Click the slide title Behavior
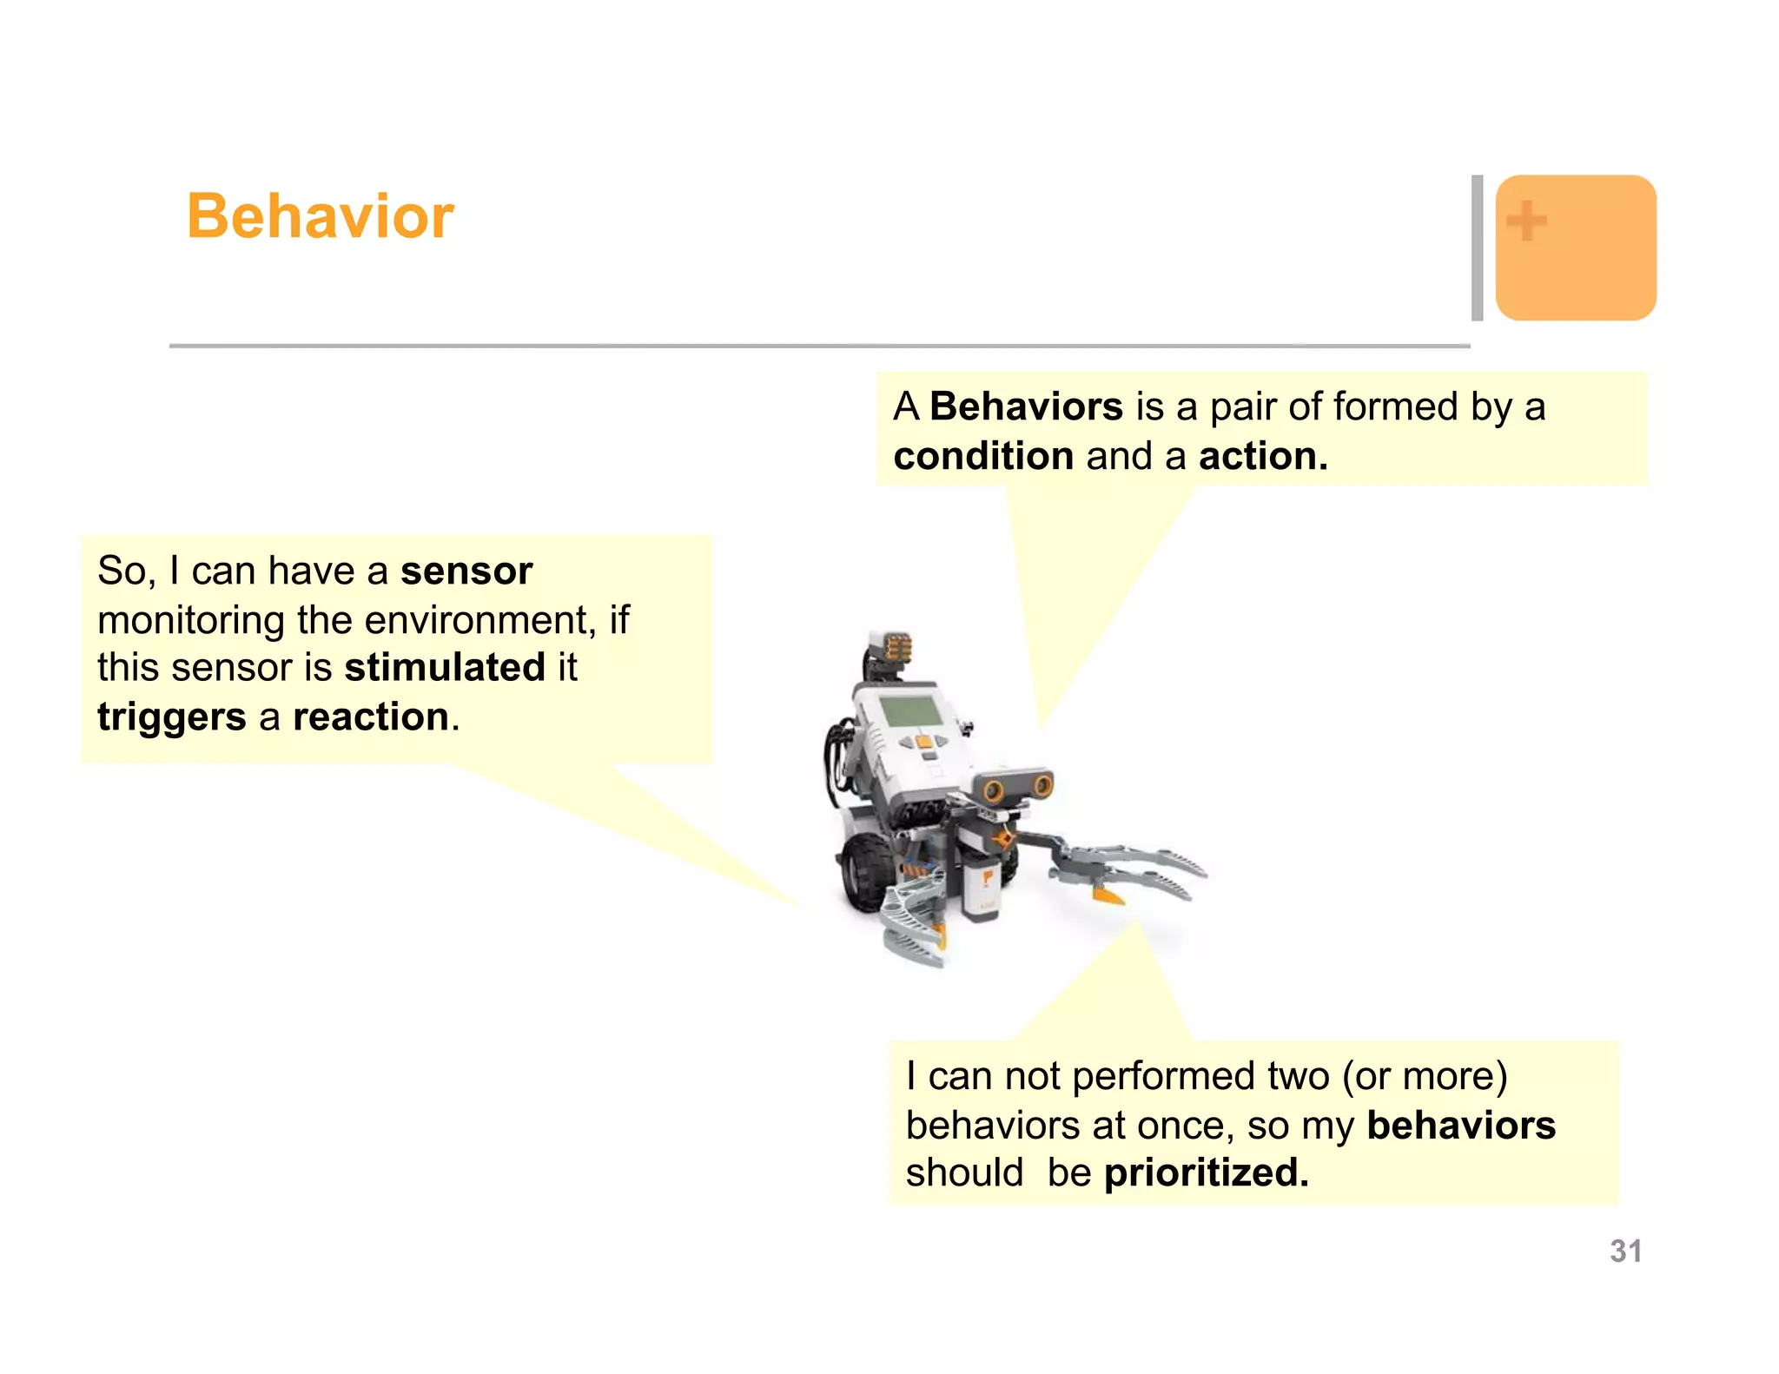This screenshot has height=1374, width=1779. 320,216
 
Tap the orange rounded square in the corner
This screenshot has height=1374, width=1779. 1575,248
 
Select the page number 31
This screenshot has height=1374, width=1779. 1625,1251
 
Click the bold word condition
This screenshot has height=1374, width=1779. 982,456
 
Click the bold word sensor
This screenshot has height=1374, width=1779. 466,571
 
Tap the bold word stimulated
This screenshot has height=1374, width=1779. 444,668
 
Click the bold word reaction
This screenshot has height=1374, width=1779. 371,717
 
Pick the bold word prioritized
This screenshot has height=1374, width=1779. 1205,1173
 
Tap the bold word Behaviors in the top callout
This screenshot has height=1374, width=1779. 1026,406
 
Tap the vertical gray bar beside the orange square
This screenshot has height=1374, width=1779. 1477,248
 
